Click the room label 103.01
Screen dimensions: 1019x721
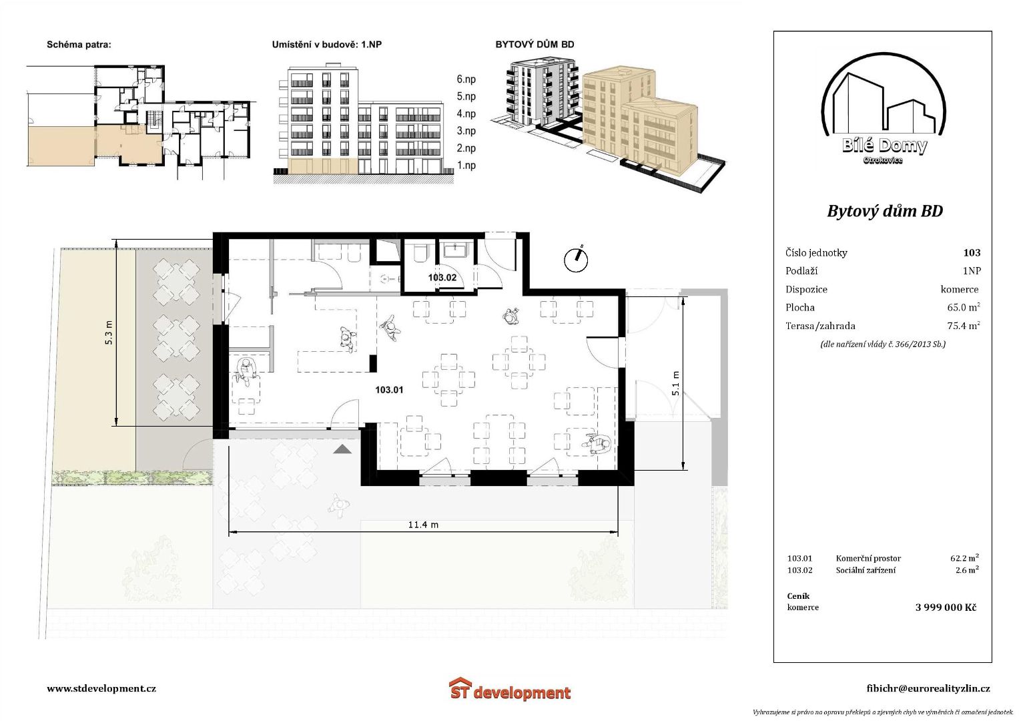pos(389,390)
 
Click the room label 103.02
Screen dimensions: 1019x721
pos(442,277)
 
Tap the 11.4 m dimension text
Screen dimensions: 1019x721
pos(423,525)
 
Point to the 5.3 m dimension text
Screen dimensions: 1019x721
pos(109,332)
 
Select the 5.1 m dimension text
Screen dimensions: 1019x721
pos(675,383)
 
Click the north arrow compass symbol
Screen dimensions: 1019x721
pos(576,260)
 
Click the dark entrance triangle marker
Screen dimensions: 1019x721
pos(342,450)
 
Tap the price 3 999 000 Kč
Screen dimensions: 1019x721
pos(946,608)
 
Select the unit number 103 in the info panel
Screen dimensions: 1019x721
pos(972,252)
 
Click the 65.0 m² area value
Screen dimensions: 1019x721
pos(964,307)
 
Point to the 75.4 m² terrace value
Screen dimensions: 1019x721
pos(964,326)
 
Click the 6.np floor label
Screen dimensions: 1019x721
pos(466,79)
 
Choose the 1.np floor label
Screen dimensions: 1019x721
pos(466,166)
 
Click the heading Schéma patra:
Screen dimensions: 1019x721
pos(79,45)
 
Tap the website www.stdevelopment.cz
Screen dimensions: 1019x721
pos(101,688)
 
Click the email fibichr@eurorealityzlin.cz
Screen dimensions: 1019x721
pos(928,688)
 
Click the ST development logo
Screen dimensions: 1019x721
pos(510,689)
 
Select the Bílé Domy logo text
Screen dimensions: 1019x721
pos(884,146)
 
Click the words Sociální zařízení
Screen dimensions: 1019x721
pos(866,570)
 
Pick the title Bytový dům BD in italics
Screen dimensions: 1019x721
pos(885,211)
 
